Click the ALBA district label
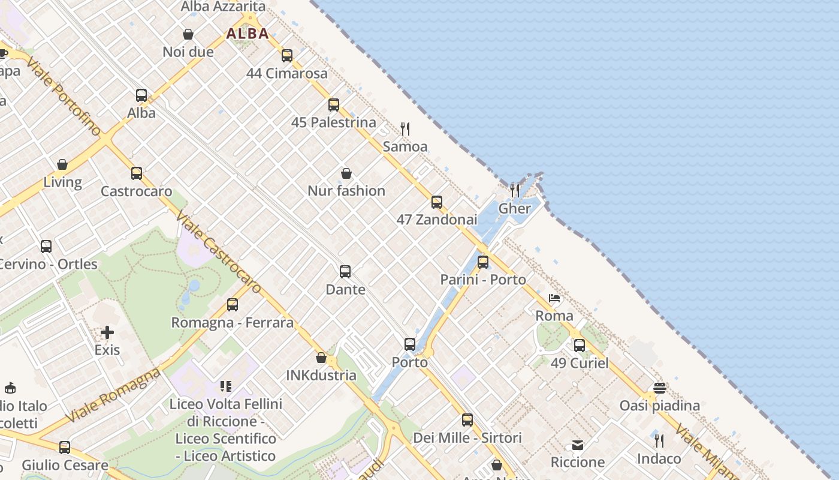tap(248, 34)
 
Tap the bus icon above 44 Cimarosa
tap(287, 56)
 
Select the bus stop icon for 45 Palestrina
tap(334, 105)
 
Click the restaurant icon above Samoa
tap(405, 128)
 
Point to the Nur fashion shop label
tap(346, 191)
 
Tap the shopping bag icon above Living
tap(62, 164)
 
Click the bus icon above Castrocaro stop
tap(137, 173)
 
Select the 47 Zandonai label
tap(437, 220)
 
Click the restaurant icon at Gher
tap(515, 191)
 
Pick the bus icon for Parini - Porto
tap(483, 262)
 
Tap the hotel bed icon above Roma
tap(554, 298)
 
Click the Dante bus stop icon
tap(345, 272)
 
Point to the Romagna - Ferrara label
tap(233, 323)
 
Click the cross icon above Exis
tap(107, 332)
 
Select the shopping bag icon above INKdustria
tap(321, 358)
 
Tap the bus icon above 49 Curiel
tap(580, 346)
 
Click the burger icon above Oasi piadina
tap(660, 388)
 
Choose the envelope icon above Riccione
tap(578, 445)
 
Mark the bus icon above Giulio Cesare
tap(65, 448)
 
